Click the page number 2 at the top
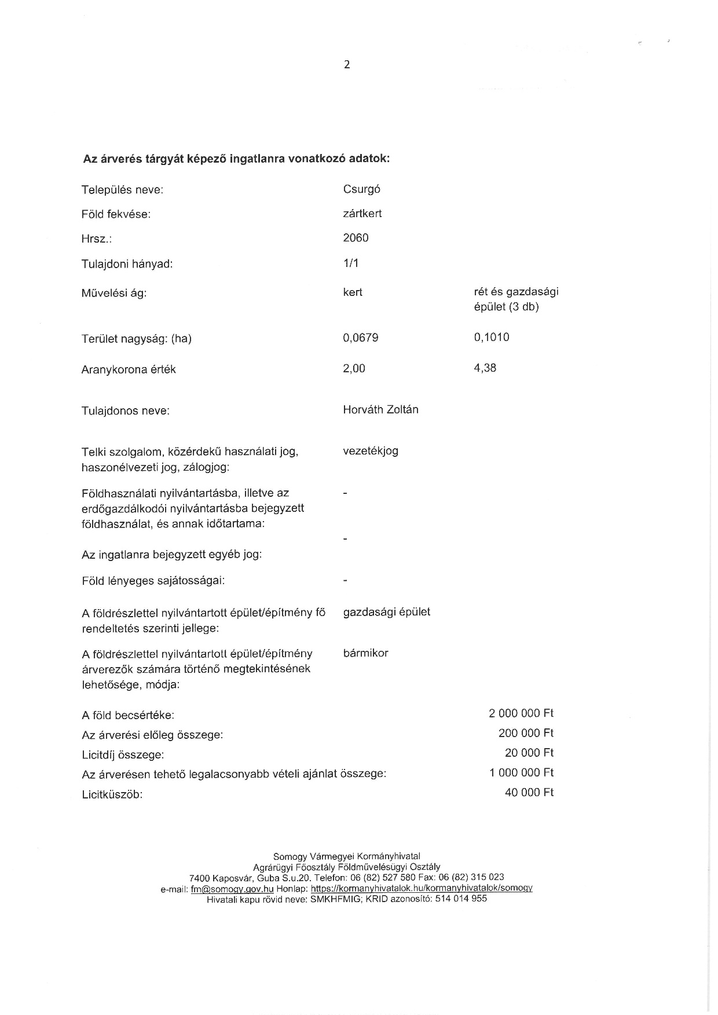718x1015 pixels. point(347,65)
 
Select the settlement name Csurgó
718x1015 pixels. point(361,189)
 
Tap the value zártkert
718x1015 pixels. point(362,214)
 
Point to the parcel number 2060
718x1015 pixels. point(356,238)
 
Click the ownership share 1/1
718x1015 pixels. point(351,263)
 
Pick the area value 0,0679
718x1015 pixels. point(360,338)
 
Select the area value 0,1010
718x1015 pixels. point(491,337)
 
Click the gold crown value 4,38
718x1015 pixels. point(485,368)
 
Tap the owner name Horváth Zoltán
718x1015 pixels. point(380,410)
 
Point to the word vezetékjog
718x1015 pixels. point(371,450)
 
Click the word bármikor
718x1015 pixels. point(365,653)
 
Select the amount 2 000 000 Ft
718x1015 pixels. point(521,713)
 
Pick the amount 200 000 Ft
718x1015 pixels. point(526,733)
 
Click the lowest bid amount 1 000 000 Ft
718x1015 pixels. point(521,772)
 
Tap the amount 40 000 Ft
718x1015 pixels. point(529,792)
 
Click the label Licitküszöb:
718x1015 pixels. point(112,794)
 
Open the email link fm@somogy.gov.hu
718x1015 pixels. point(232,888)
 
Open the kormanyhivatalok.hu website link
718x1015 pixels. point(422,888)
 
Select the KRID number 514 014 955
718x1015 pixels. point(461,899)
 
